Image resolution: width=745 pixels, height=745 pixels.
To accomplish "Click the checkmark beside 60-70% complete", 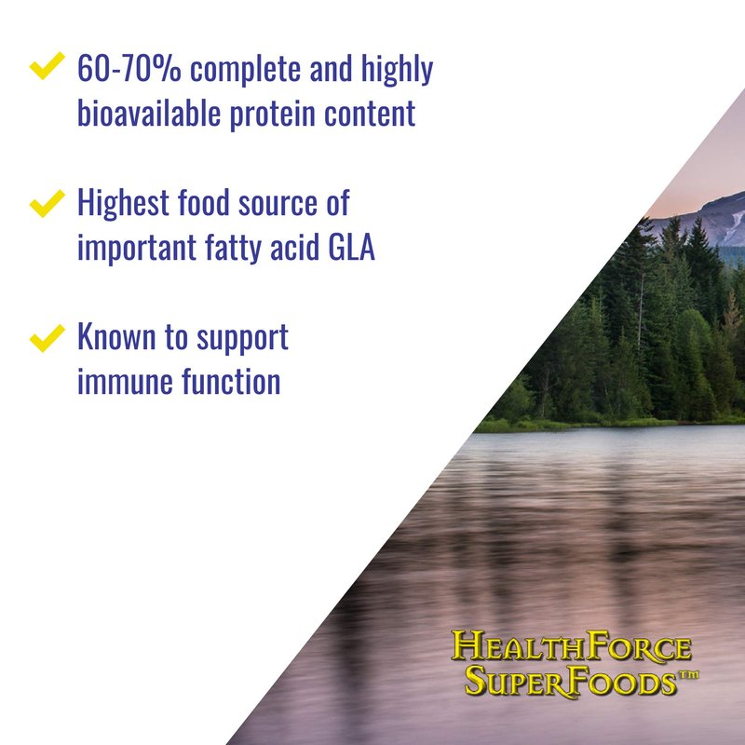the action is (x=47, y=65).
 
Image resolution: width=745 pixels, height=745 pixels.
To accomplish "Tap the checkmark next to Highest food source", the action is (x=47, y=203).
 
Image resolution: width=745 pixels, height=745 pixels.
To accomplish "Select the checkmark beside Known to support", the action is (x=47, y=338).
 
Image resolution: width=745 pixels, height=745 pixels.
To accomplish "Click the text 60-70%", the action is (x=129, y=68).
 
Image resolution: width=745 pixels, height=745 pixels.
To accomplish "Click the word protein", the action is (x=272, y=115).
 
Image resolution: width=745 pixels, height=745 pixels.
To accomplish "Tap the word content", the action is (x=370, y=114).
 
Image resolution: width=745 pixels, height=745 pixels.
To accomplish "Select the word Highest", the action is (x=123, y=203).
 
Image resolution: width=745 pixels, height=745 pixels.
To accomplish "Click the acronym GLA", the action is (x=352, y=247).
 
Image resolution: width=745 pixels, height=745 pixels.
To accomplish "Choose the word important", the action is (x=136, y=249).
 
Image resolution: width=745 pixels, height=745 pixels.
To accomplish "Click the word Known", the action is (x=116, y=336).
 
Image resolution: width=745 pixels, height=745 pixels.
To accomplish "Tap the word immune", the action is (x=125, y=383).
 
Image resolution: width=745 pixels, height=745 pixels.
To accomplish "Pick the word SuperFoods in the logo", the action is (x=570, y=681).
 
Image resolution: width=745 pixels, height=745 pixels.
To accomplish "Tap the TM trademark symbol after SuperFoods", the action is (x=688, y=674).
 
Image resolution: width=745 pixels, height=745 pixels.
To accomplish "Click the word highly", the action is (x=397, y=69).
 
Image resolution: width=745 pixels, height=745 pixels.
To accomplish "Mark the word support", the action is (x=242, y=338).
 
